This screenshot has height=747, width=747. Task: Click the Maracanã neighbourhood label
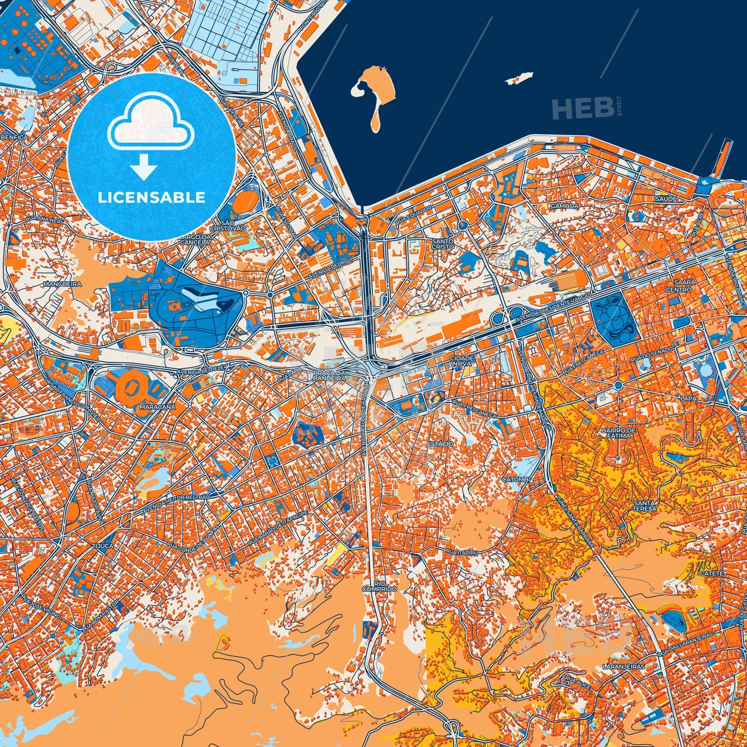point(157,406)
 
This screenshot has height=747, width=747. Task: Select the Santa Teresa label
point(644,506)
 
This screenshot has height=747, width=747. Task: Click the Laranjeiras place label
point(624,666)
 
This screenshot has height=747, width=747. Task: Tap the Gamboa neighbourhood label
point(565,206)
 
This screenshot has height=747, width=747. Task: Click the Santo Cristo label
point(443,243)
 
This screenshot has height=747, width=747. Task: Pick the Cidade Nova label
point(462,361)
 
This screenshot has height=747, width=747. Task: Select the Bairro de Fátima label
point(618,433)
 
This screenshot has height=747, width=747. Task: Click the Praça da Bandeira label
point(329,375)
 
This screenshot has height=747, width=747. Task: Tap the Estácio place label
point(440,444)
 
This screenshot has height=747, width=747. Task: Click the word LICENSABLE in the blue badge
point(151,197)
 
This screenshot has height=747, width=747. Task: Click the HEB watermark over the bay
point(582,108)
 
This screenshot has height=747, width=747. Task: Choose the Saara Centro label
point(683,286)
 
